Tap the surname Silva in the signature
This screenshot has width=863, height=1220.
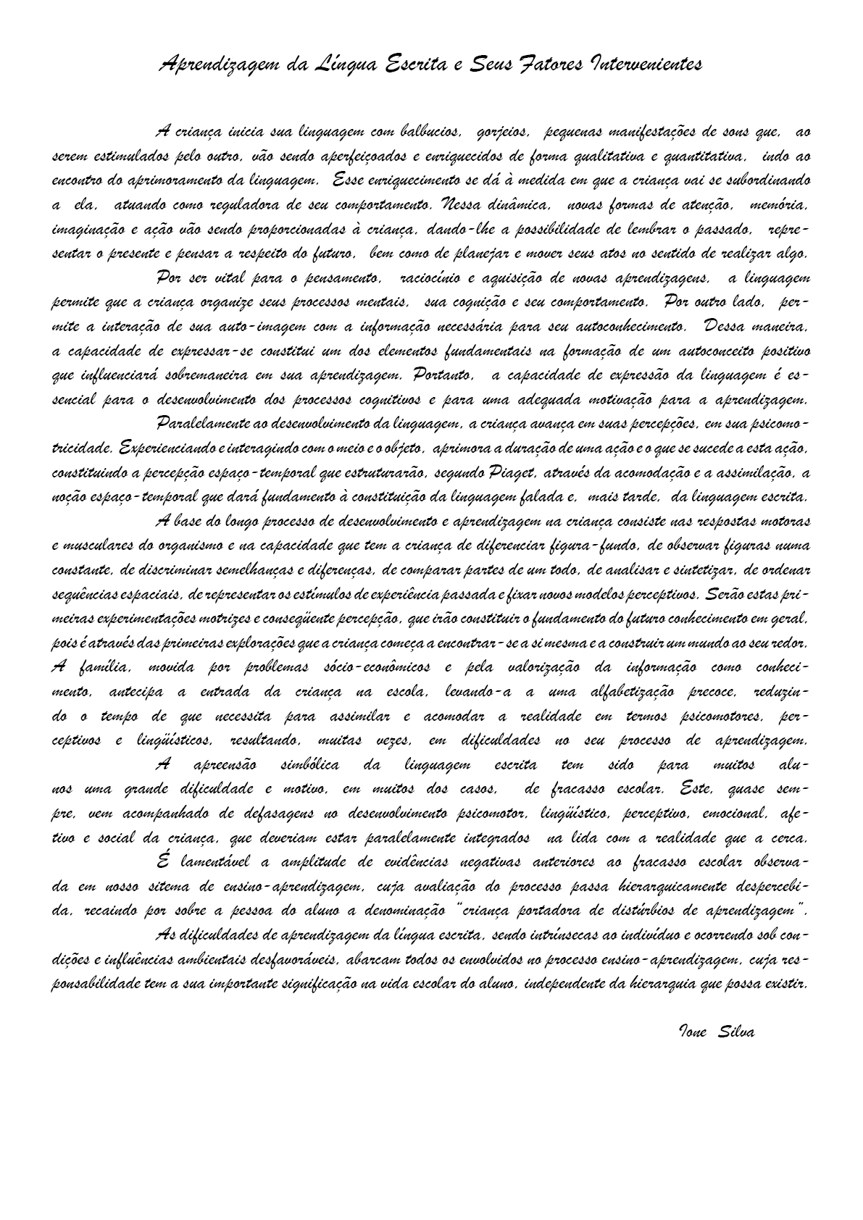735,1032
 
